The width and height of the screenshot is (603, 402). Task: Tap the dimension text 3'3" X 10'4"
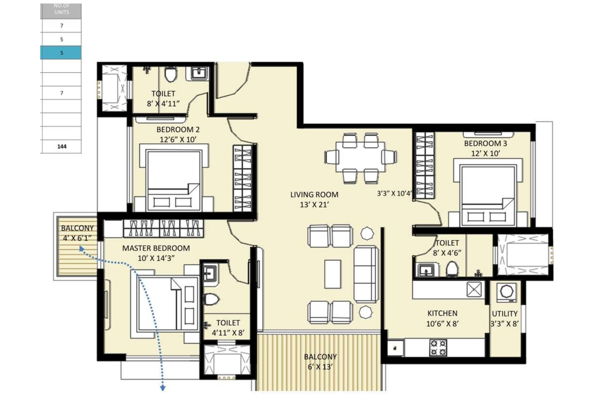[x=395, y=194]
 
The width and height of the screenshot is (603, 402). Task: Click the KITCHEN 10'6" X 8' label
[x=442, y=318]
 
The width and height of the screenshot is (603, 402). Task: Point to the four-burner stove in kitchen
[x=438, y=347]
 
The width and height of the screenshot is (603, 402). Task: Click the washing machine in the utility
[x=505, y=292]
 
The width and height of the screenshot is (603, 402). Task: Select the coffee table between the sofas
[x=332, y=274]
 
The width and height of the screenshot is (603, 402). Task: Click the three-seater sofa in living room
[x=365, y=274]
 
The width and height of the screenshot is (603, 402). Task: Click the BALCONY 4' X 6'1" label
[x=77, y=233]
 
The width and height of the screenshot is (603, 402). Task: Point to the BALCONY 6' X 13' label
[x=320, y=361]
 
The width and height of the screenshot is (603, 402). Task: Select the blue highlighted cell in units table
[x=61, y=53]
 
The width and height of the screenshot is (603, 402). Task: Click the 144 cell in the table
[x=61, y=146]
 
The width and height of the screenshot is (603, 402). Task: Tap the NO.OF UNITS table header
[x=61, y=10]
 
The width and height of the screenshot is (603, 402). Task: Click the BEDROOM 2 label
[x=178, y=134]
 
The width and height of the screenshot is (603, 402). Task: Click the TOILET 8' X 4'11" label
[x=163, y=98]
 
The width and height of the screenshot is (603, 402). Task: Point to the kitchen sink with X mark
[x=474, y=289]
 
